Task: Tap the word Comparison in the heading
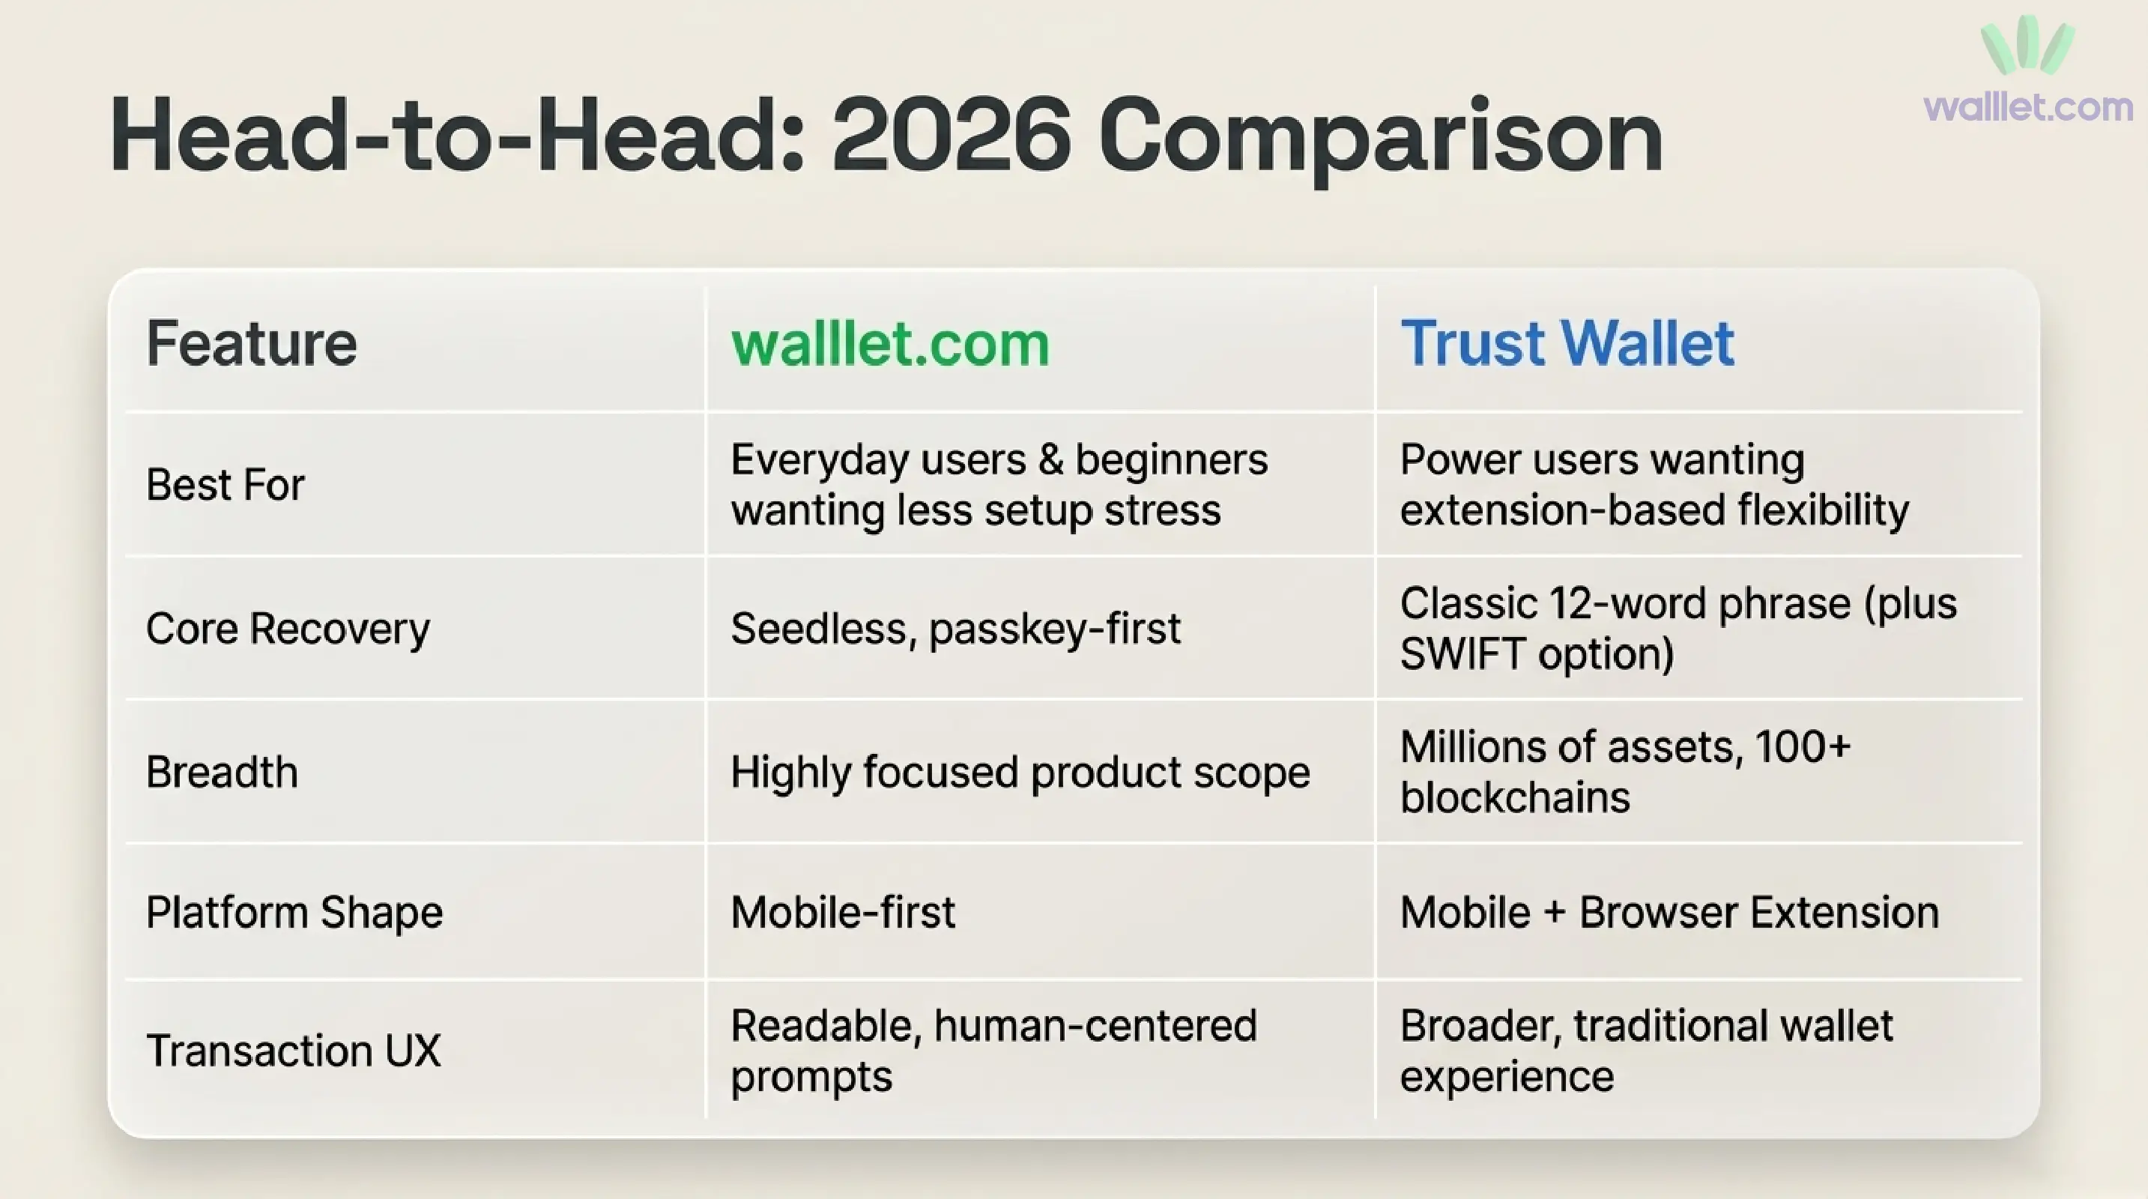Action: pyautogui.click(x=1381, y=139)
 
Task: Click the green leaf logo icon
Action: pyautogui.click(x=2027, y=46)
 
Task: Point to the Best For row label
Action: pyautogui.click(x=226, y=484)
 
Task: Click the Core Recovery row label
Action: pyautogui.click(x=288, y=629)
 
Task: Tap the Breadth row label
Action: pyautogui.click(x=222, y=772)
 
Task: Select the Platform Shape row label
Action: pyautogui.click(x=294, y=912)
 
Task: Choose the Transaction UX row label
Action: pyautogui.click(x=293, y=1051)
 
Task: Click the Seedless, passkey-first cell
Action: pyautogui.click(x=955, y=629)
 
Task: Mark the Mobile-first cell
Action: pyautogui.click(x=842, y=912)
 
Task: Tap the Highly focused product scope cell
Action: pyautogui.click(x=1020, y=772)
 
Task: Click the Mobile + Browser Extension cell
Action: pyautogui.click(x=1669, y=912)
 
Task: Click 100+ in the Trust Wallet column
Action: pyautogui.click(x=1802, y=746)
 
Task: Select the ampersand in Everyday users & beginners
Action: pyautogui.click(x=1050, y=459)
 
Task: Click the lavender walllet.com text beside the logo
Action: pyautogui.click(x=2028, y=106)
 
